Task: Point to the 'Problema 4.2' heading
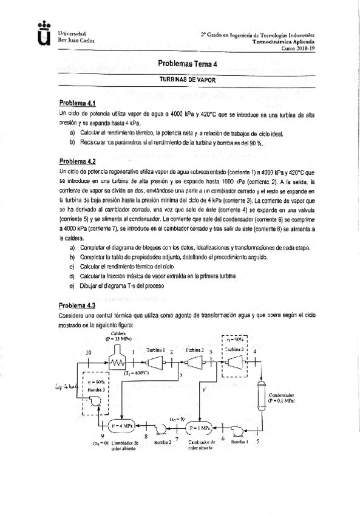click(x=77, y=162)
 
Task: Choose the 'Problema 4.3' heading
click(x=77, y=305)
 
